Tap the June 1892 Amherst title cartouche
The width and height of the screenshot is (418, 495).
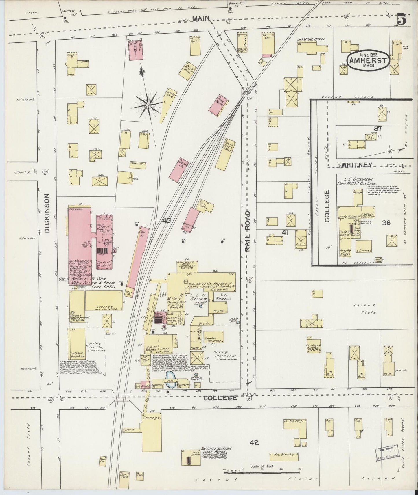368,60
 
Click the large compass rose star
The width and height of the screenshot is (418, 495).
148,104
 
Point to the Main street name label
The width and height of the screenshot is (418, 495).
201,19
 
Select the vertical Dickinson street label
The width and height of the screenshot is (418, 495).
47,213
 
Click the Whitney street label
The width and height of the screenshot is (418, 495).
357,165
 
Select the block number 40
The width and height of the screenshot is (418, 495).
166,220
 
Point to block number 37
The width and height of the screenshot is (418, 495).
378,129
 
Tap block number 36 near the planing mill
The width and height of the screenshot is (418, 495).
386,222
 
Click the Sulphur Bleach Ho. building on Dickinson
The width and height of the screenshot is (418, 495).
77,345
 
